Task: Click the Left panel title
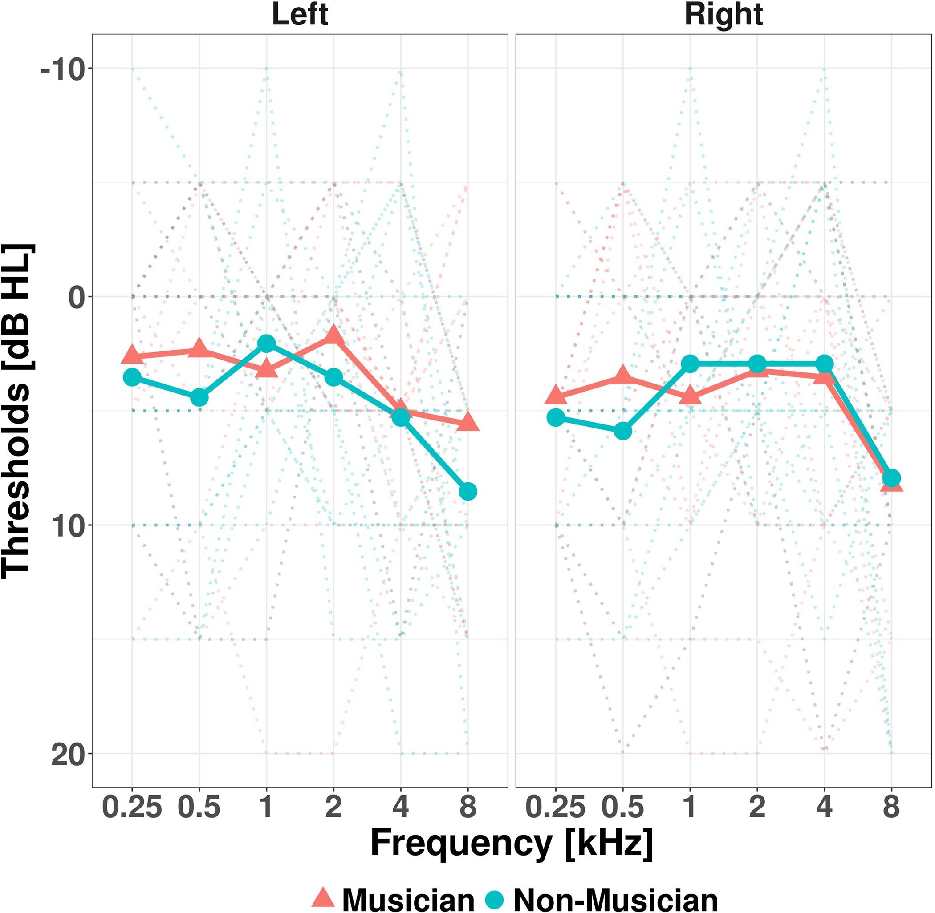pos(300,15)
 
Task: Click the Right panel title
pos(724,15)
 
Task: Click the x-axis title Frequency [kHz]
pos(512,844)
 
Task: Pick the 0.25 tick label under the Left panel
pos(132,807)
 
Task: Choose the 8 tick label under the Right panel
pos(891,807)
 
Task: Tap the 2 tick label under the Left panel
pos(333,807)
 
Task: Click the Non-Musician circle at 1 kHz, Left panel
pos(266,343)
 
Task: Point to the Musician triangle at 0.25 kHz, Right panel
pos(556,396)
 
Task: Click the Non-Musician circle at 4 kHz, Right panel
pos(824,364)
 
